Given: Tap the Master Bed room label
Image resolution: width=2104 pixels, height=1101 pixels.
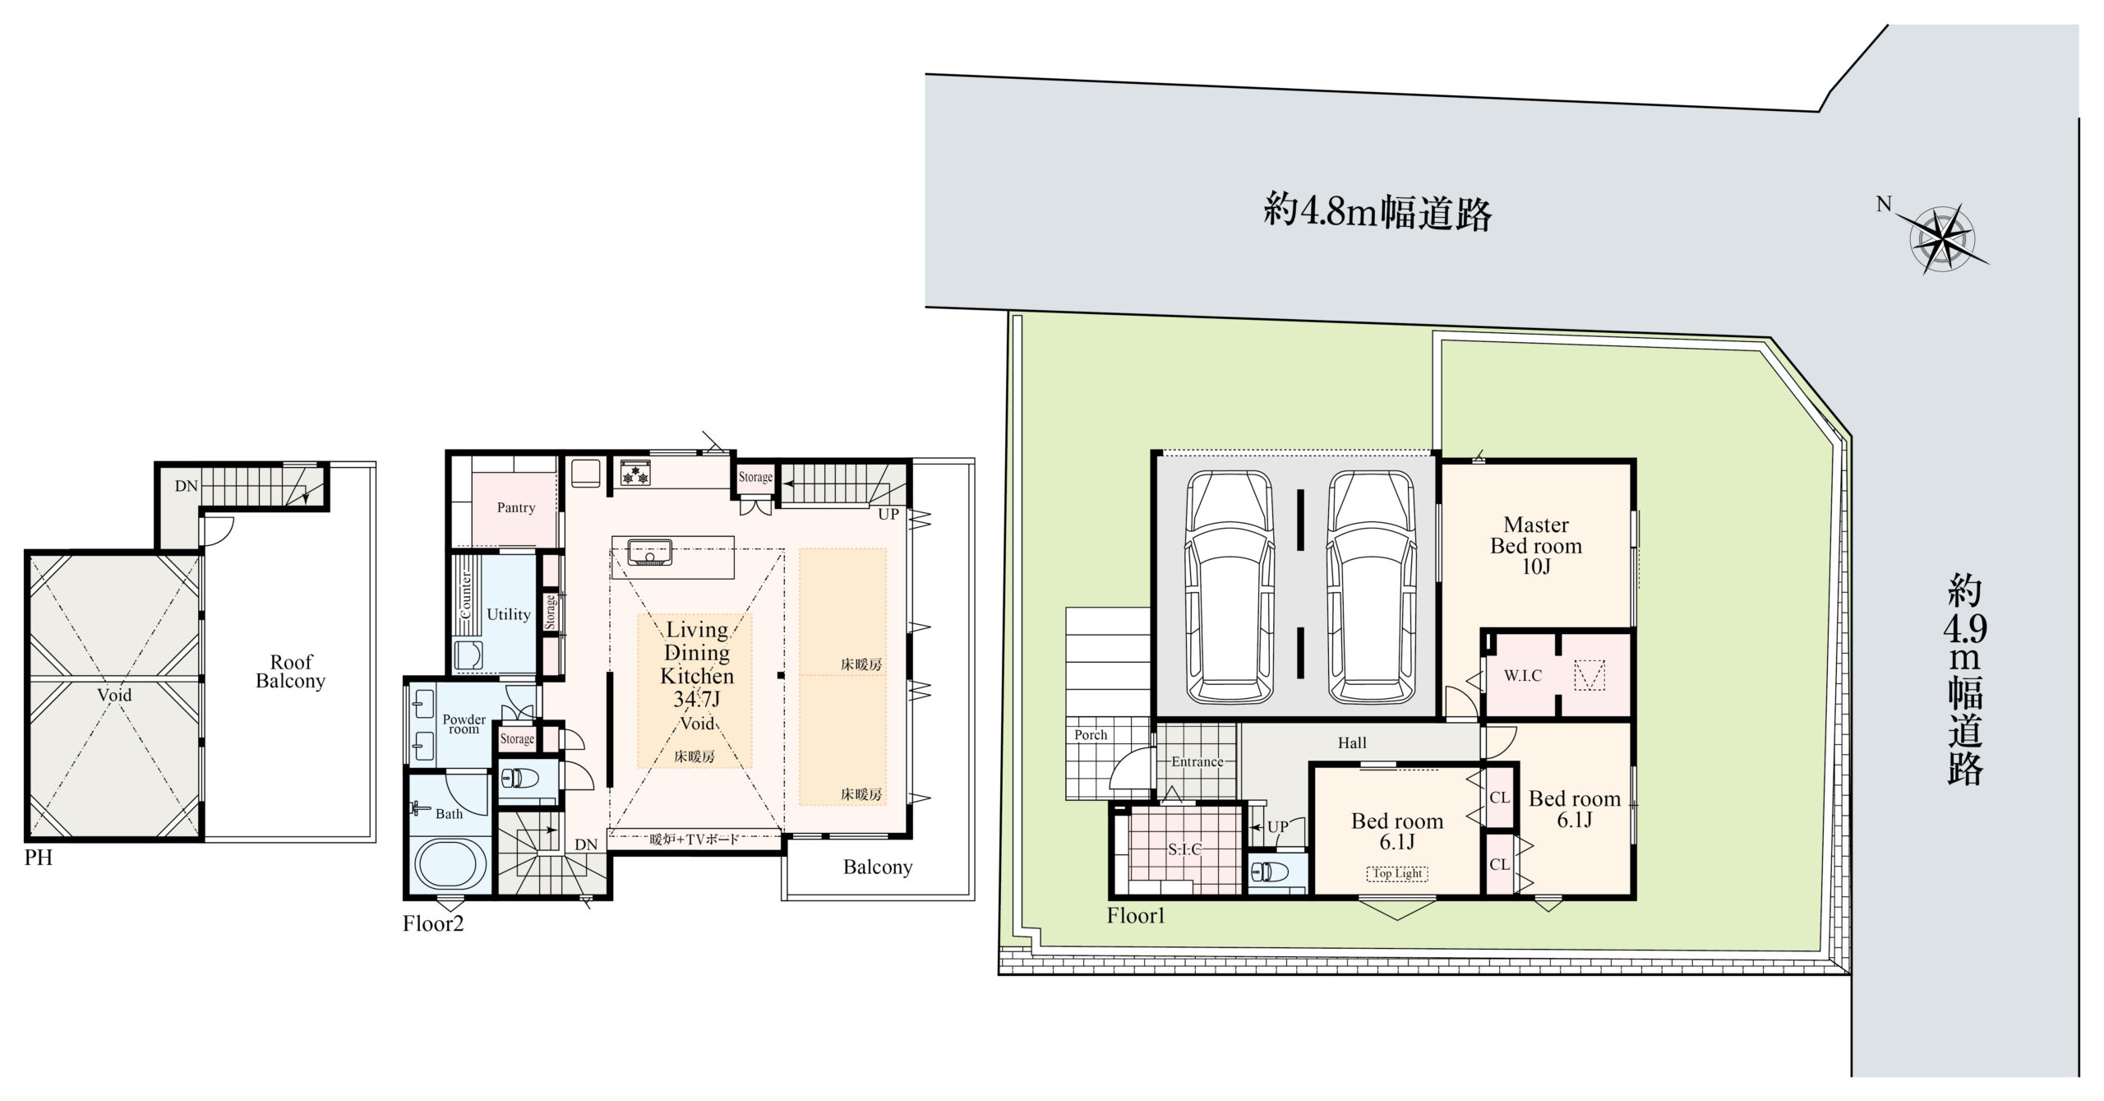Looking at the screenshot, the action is point(1536,545).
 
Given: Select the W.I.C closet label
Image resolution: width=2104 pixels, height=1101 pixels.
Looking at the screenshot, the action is point(1523,675).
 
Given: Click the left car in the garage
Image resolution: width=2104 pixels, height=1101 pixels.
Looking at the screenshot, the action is point(1230,586).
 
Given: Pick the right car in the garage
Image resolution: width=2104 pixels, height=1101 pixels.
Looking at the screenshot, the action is point(1371,586).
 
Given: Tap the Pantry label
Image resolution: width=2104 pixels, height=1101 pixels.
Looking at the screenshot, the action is point(516,507).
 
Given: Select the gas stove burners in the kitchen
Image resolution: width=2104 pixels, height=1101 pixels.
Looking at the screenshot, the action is point(636,474).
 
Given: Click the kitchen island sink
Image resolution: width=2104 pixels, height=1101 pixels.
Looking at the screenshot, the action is point(649,552).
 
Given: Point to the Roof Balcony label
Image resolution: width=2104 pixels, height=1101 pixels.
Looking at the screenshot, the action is point(291,671).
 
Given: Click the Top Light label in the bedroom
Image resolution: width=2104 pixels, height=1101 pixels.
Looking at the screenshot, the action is point(1398,873).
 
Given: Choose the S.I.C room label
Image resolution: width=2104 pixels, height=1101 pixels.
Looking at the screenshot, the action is point(1185,849).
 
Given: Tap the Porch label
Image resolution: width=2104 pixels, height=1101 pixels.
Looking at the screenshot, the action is point(1091,735).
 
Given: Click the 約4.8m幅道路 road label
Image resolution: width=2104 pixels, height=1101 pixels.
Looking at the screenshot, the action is point(1377,212).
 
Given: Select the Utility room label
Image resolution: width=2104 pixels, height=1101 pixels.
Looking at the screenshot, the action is point(509,614).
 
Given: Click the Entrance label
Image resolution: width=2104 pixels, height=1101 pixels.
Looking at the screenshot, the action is point(1197,761).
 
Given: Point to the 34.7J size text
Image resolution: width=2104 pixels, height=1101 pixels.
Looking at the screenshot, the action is point(697,699).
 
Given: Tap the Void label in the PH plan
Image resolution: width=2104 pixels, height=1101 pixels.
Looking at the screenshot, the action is point(114,695).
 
